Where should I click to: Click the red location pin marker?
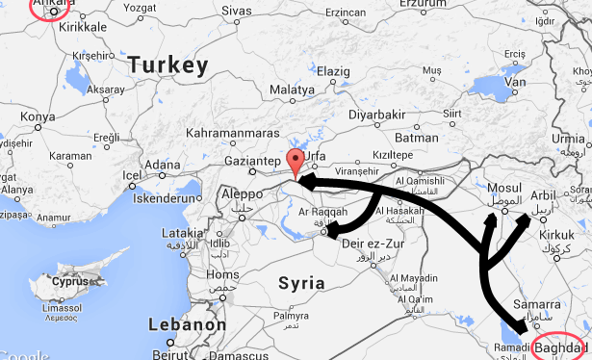pos(296,162)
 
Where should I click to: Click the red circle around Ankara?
pos(50,9)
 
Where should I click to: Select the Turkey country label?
pos(168,65)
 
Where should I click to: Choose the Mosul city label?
pos(504,187)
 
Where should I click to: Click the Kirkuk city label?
pos(555,235)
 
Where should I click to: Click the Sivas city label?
pos(237,11)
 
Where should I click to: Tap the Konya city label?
pos(39,116)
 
